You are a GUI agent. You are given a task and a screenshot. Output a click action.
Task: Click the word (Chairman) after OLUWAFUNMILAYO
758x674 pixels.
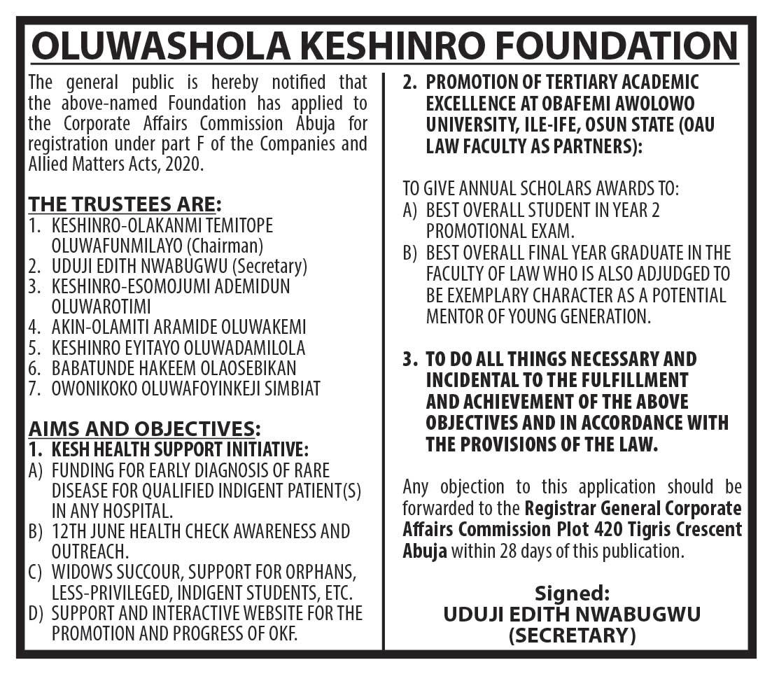(229, 246)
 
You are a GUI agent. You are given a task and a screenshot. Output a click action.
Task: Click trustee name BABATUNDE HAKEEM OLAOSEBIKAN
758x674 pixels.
(174, 367)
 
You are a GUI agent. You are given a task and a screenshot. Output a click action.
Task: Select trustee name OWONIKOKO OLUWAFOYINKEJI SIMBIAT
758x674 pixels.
(185, 388)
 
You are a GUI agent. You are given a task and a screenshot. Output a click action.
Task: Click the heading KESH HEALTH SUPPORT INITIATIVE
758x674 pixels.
(180, 449)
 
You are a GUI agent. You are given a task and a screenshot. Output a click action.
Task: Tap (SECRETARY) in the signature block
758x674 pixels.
(572, 636)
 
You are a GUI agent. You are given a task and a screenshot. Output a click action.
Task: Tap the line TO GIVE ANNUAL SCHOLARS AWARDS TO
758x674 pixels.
(540, 189)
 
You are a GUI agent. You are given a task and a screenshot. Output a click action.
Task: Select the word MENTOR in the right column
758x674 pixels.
(456, 316)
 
